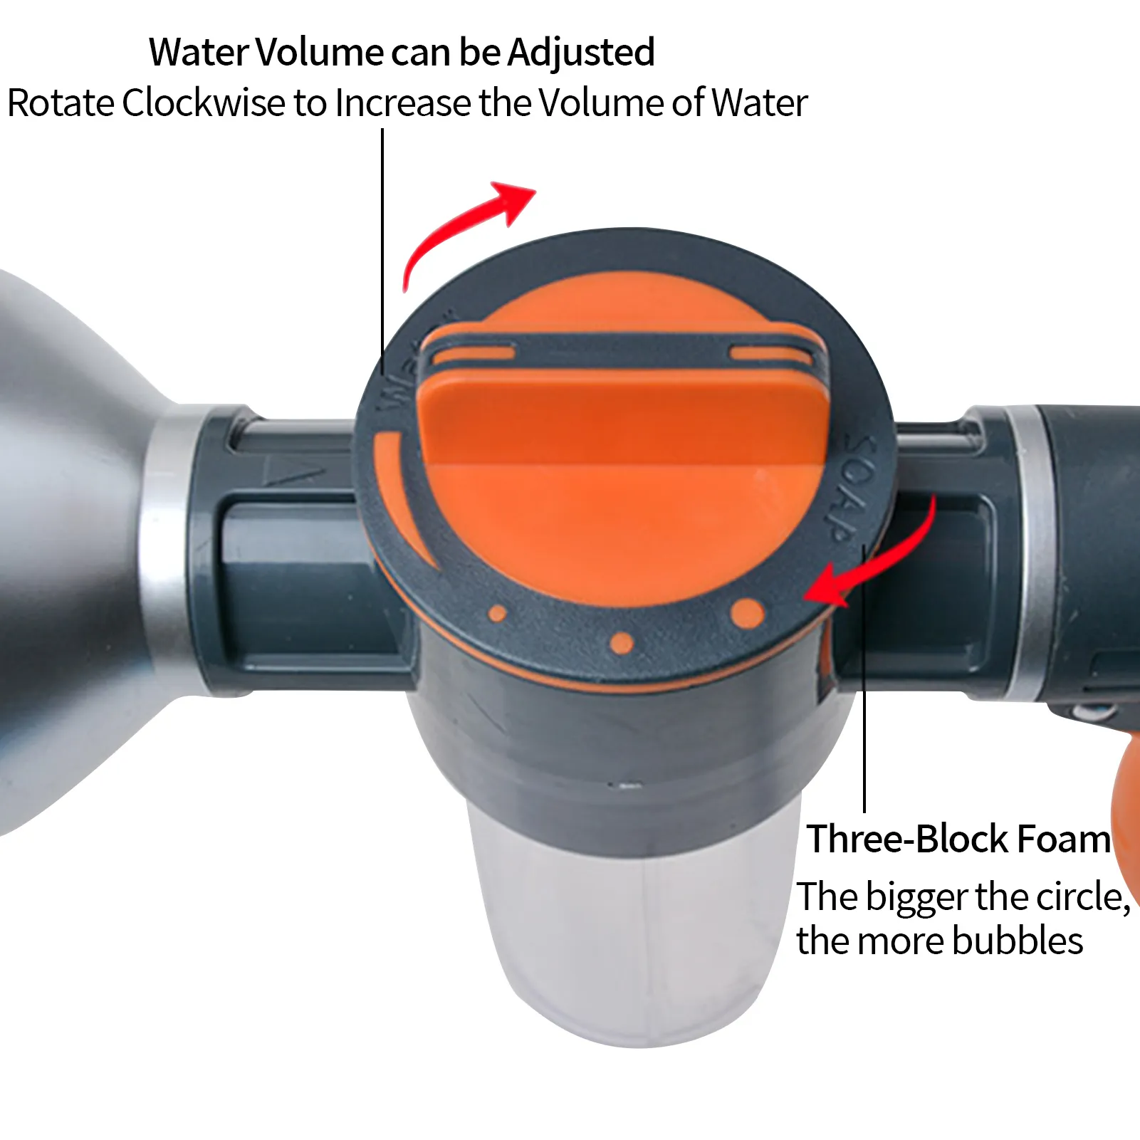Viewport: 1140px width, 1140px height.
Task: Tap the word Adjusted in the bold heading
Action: click(x=581, y=53)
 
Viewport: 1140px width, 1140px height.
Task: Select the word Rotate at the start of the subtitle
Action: click(x=61, y=103)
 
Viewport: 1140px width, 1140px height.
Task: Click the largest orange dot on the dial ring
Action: click(x=747, y=613)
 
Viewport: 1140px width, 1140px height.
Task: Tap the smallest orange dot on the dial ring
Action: click(x=498, y=613)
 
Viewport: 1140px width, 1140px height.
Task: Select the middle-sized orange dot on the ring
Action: click(x=622, y=643)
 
